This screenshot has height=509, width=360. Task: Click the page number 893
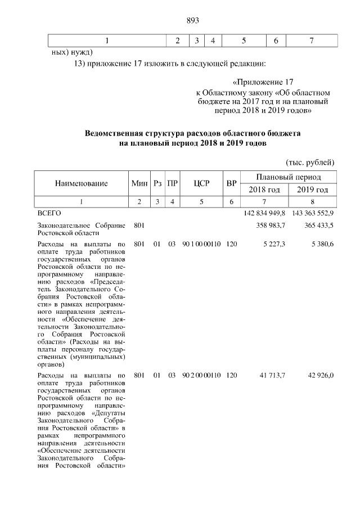[193, 21]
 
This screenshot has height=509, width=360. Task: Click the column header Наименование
[81, 183]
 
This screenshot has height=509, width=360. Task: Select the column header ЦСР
[201, 183]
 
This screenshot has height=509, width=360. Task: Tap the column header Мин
[139, 183]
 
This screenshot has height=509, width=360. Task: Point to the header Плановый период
[289, 177]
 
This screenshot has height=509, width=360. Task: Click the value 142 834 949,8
[264, 213]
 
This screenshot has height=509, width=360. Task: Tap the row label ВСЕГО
[49, 213]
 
